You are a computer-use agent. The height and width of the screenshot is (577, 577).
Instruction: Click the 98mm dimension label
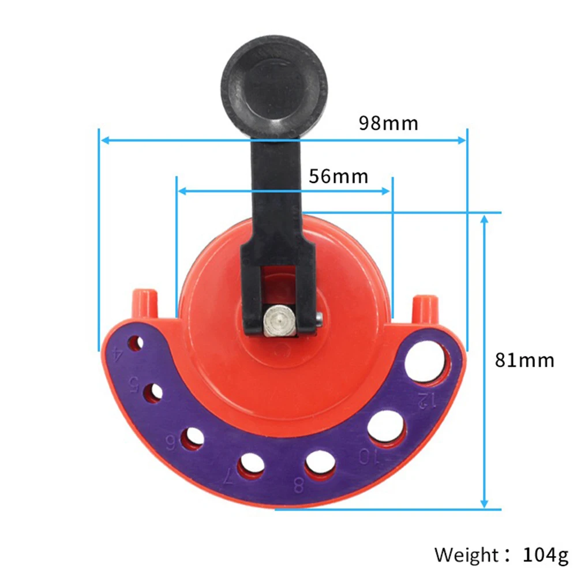click(x=388, y=123)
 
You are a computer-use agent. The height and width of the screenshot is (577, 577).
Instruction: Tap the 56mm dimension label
click(x=338, y=176)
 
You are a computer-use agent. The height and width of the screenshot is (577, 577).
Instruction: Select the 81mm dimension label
click(x=524, y=360)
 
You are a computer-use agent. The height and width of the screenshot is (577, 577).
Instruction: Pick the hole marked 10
click(x=385, y=428)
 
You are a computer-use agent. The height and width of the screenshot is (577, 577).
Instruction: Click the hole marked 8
click(x=321, y=464)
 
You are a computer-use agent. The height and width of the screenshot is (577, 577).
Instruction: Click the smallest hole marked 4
click(x=136, y=344)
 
